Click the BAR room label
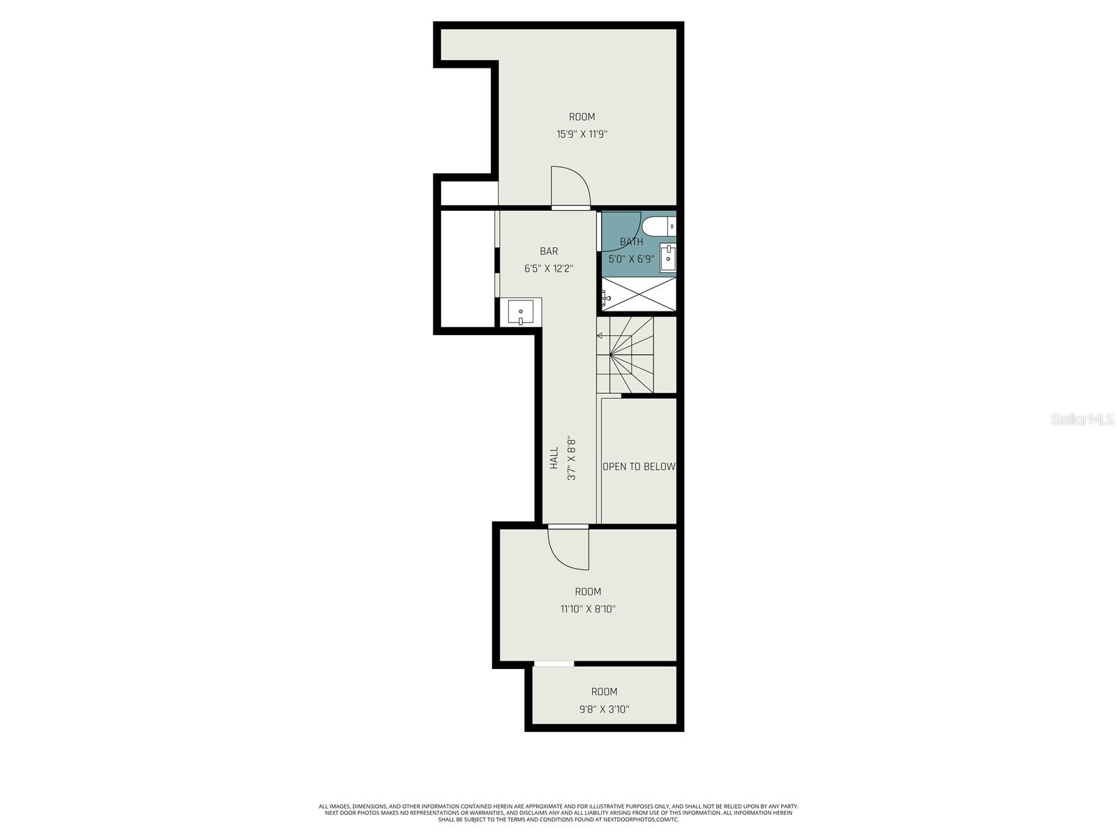tap(549, 251)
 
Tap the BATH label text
tap(632, 242)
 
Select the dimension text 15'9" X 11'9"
tap(582, 134)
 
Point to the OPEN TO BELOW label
tap(639, 466)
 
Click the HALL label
tap(554, 458)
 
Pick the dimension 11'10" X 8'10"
tap(588, 609)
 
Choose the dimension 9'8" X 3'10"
tap(604, 710)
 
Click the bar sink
tap(521, 311)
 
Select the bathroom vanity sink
tap(668, 258)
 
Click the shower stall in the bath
tap(639, 294)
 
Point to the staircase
tap(626, 355)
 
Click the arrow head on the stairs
tap(599, 336)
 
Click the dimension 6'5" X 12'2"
tap(549, 268)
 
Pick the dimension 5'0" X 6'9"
tap(631, 259)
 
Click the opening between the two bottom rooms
tap(554, 663)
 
